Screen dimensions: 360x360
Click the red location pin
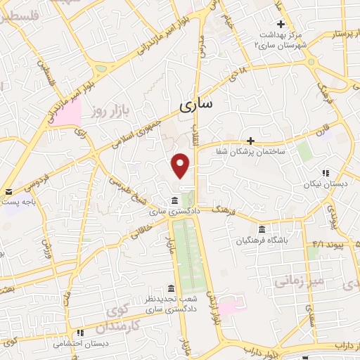[181, 165]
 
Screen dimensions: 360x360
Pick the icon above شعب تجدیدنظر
[172, 288]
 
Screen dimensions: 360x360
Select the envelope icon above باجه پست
[9, 191]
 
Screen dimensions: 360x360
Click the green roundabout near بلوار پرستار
[311, 61]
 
